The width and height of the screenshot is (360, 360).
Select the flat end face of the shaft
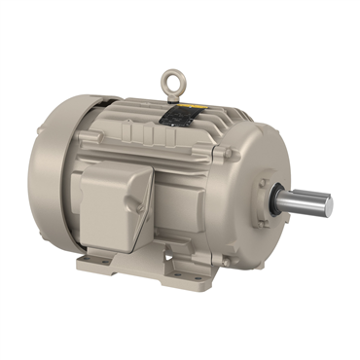coord(327,205)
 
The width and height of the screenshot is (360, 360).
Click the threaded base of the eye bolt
coord(176,94)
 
